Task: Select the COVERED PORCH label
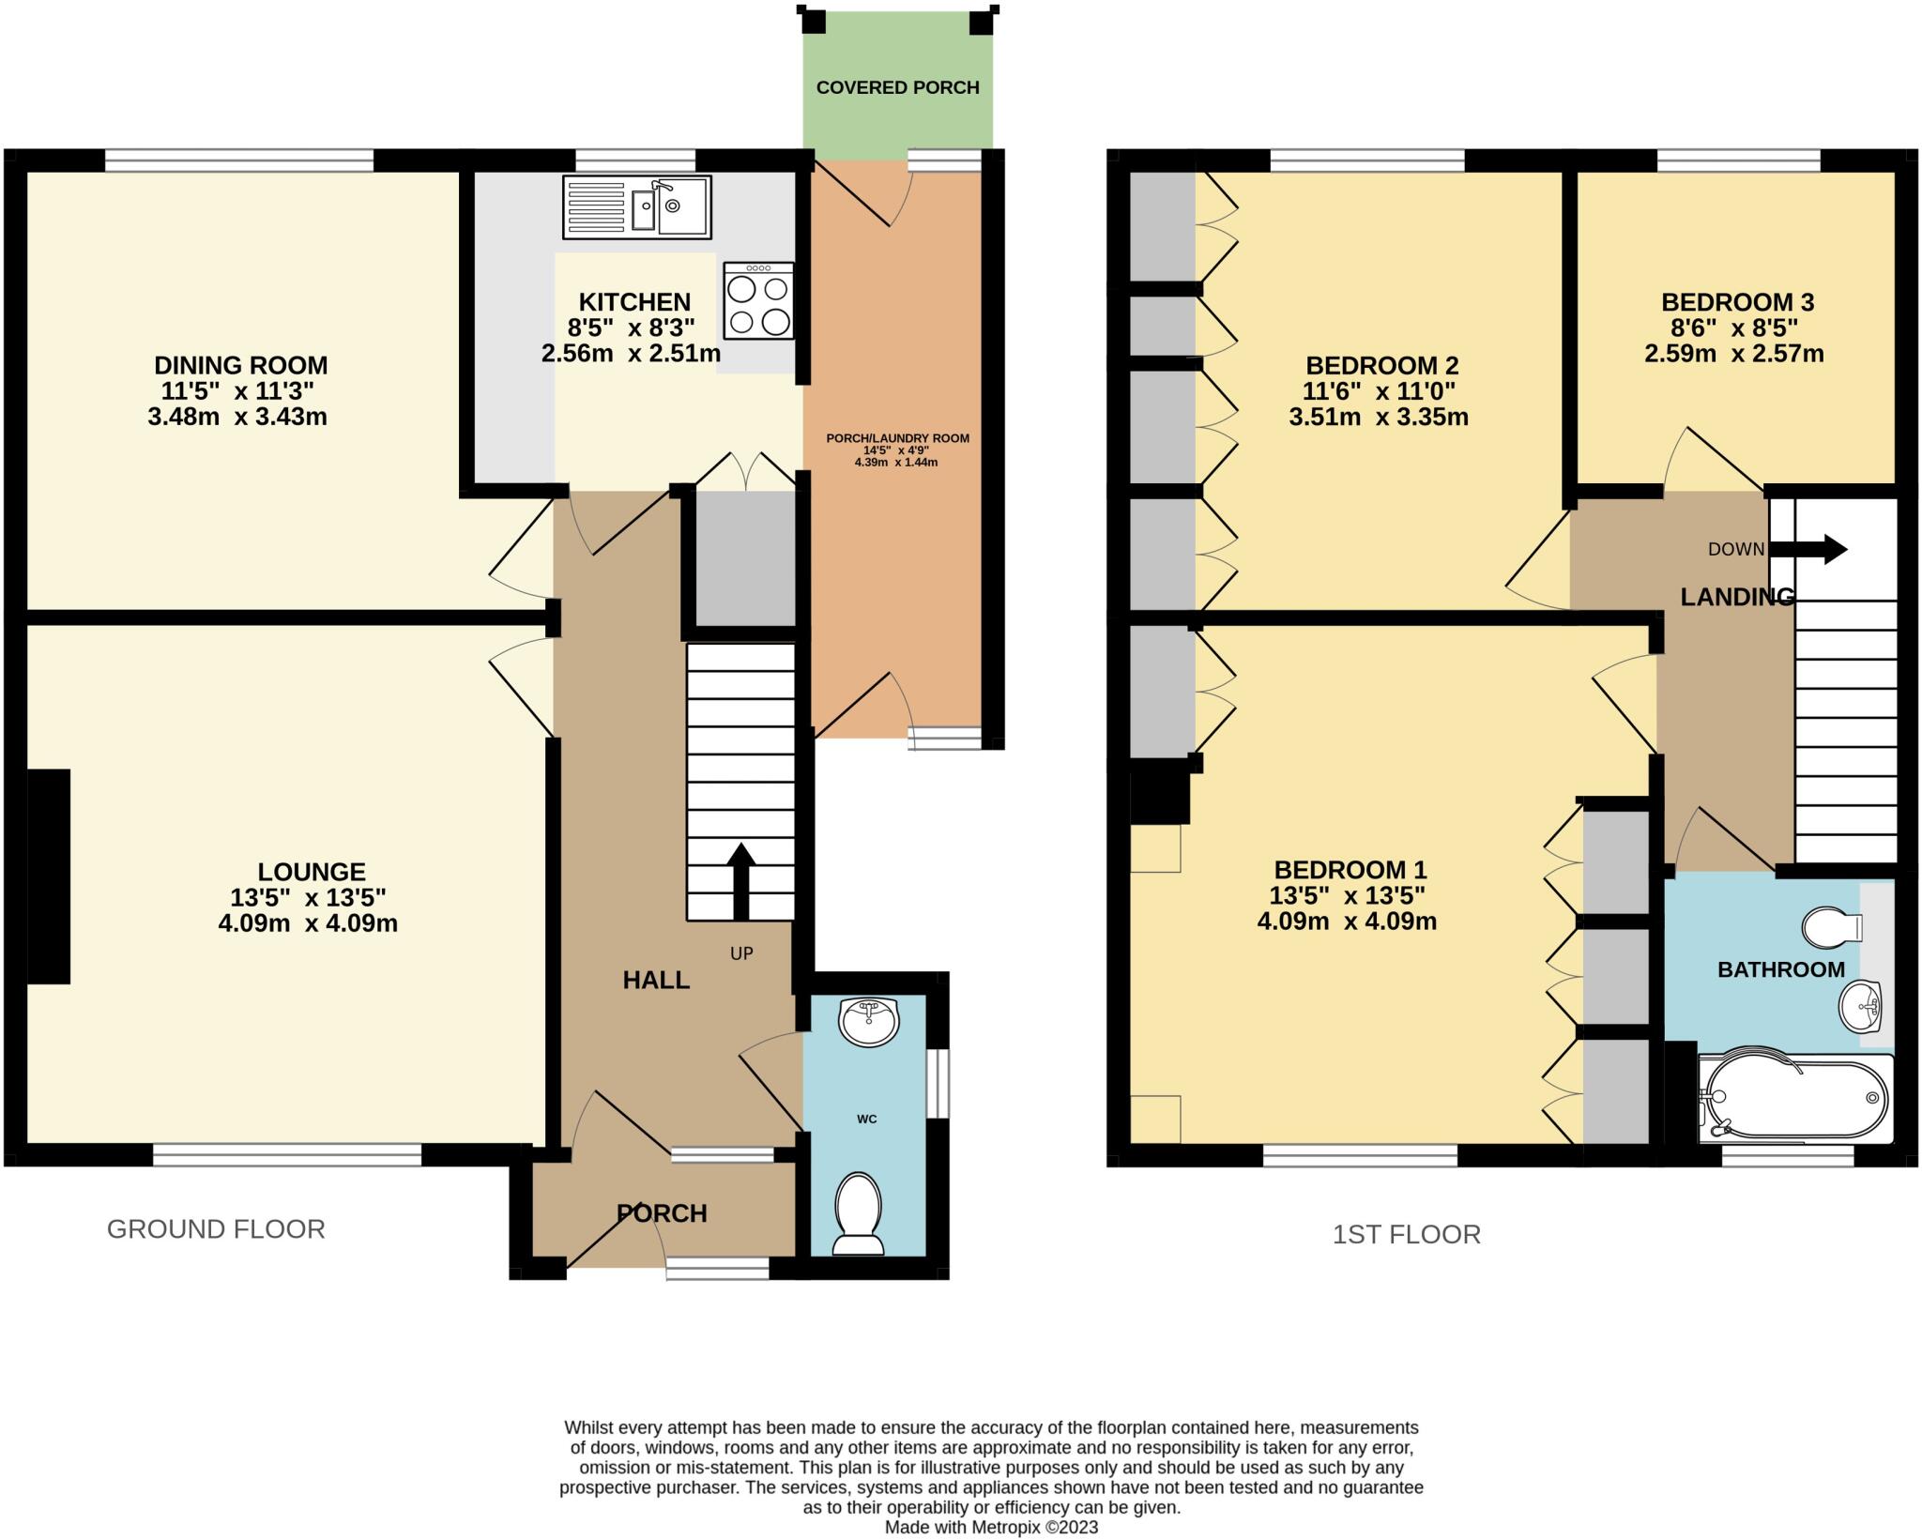pos(897,87)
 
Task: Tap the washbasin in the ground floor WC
pos(869,1022)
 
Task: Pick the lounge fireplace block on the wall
pos(49,876)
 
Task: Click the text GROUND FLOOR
pos(216,1228)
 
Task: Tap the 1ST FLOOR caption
pos(1406,1234)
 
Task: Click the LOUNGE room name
pos(312,871)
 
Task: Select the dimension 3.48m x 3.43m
pos(237,417)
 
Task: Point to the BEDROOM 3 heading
pos(1737,302)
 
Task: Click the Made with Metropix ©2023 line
pos(991,1527)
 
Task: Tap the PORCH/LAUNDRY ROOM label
pos(897,438)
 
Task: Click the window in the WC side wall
pos(937,1084)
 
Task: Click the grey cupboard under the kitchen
pos(744,557)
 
